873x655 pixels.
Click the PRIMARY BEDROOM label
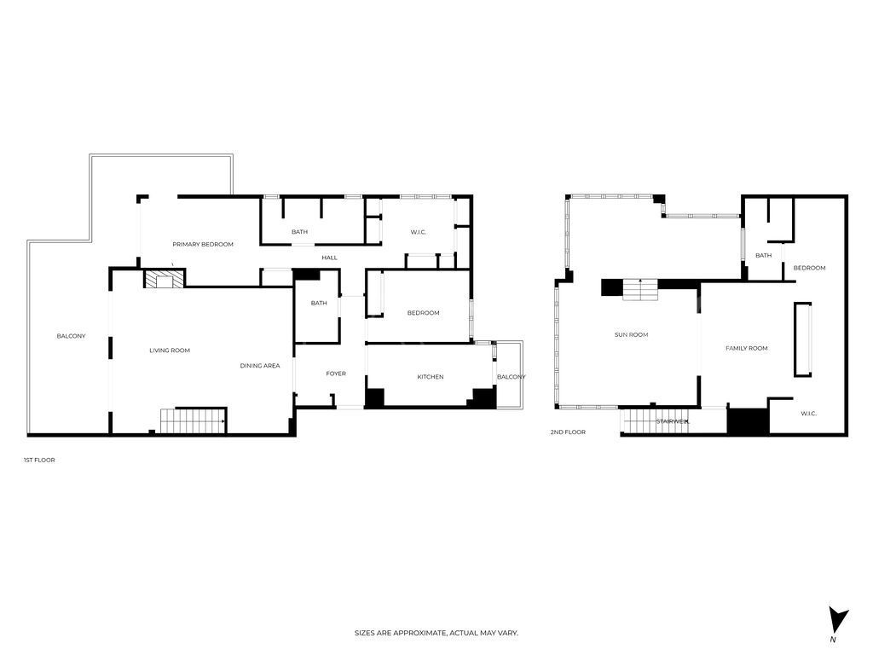coord(203,245)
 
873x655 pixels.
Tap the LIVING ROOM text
coord(170,351)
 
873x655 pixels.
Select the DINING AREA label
coord(260,366)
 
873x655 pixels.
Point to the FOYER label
coord(336,374)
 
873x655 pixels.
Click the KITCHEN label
coord(430,377)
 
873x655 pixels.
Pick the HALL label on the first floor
coord(329,258)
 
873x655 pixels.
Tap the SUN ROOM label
coord(631,335)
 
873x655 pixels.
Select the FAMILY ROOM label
coord(746,348)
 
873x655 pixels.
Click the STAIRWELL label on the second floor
coord(672,421)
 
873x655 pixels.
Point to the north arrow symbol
coord(838,620)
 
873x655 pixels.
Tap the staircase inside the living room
coord(193,420)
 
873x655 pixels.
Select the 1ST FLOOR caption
coord(39,461)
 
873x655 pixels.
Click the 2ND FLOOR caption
coord(568,432)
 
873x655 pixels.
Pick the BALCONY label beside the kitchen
coord(512,377)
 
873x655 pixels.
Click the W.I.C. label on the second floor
coord(808,414)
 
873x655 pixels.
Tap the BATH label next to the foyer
coord(319,303)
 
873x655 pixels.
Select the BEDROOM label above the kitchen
coord(423,313)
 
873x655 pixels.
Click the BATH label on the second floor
coord(763,256)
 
